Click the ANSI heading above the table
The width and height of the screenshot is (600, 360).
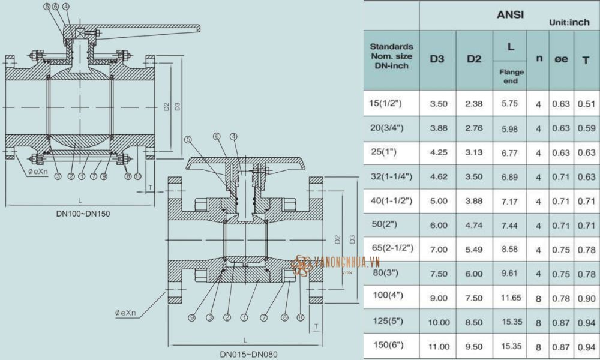click(x=510, y=14)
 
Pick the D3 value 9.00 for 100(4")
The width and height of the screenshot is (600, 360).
click(x=439, y=298)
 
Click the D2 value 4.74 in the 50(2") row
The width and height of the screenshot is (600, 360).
click(x=474, y=226)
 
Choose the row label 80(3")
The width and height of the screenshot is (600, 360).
click(x=388, y=273)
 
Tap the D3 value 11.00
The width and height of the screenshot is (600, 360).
click(x=439, y=346)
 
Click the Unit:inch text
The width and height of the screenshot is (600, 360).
click(x=569, y=22)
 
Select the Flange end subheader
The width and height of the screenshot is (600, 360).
click(x=511, y=76)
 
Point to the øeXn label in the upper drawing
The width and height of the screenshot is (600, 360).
click(x=38, y=172)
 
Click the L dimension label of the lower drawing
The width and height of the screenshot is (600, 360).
click(x=245, y=340)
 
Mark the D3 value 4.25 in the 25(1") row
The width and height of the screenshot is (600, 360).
click(x=439, y=152)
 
